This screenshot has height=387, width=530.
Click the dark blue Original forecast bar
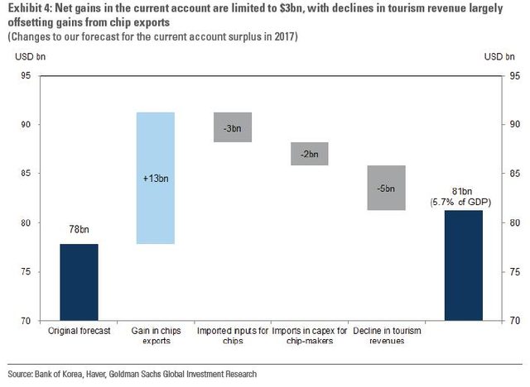click(79, 282)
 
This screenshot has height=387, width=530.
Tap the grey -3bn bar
click(233, 127)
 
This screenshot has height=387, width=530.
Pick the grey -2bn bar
click(310, 153)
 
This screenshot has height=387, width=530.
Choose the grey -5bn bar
click(386, 188)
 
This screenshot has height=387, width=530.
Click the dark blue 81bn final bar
click(464, 265)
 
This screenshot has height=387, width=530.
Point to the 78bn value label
click(79, 229)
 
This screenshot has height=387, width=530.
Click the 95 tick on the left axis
click(26, 76)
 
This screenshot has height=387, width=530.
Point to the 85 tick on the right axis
click(513, 174)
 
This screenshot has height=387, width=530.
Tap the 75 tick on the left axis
click(26, 271)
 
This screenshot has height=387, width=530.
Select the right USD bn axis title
click(499, 56)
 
